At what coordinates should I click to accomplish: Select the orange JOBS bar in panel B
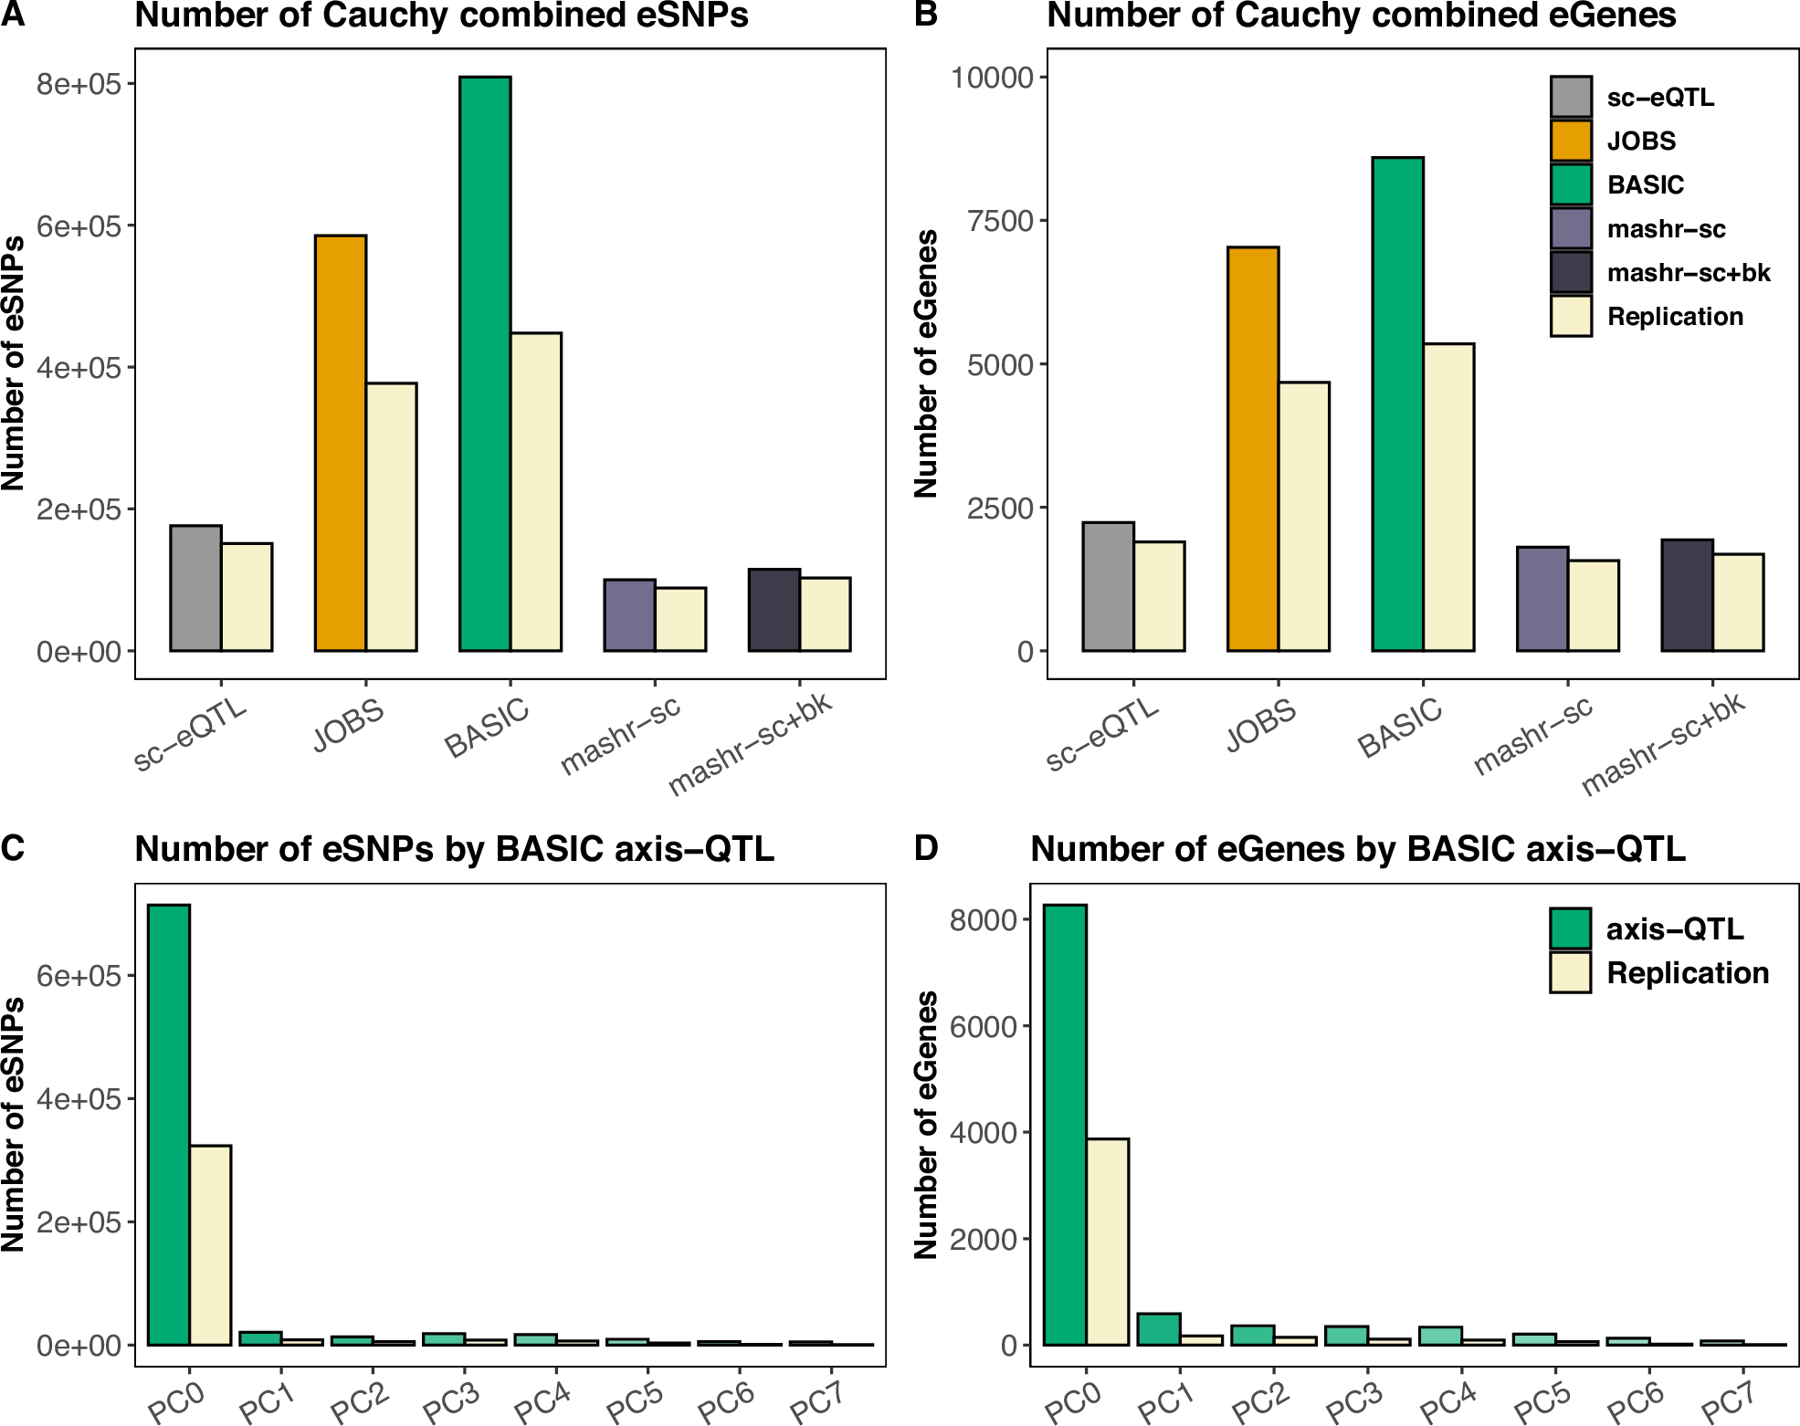1252,448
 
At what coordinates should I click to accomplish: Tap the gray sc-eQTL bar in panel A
195,588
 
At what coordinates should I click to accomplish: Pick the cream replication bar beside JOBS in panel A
391,517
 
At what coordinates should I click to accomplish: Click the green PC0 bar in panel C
168,1124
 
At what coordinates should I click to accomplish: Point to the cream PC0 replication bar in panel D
1107,1241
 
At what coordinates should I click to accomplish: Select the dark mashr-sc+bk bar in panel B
1686,595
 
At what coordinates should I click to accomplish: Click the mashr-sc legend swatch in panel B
1570,228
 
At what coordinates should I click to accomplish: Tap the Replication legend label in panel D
1687,973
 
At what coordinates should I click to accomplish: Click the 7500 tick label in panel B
1000,221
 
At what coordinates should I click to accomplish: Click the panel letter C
13,848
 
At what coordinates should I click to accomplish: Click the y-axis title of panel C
13,1124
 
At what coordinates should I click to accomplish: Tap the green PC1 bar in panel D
1158,1329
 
